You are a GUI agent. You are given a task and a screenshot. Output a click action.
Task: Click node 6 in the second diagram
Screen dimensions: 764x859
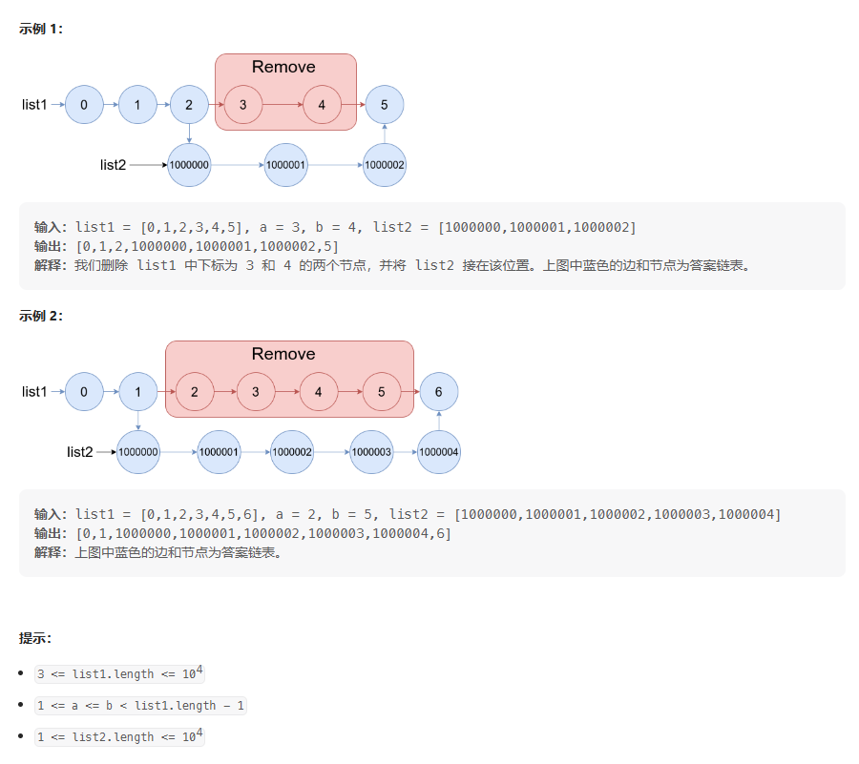(x=439, y=392)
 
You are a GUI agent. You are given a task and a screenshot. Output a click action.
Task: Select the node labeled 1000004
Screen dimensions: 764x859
(x=439, y=452)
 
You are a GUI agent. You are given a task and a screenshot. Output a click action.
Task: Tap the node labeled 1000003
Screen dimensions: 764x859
(x=371, y=452)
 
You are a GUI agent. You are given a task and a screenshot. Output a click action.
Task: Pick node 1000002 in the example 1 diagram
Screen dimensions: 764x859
(x=385, y=165)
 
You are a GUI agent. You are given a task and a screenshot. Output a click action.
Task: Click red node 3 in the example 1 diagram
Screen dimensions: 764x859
(x=243, y=105)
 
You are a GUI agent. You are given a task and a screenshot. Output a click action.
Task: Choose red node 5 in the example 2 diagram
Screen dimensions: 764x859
(x=382, y=392)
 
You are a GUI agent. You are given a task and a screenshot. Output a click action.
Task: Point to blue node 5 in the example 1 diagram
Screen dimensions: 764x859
(x=384, y=105)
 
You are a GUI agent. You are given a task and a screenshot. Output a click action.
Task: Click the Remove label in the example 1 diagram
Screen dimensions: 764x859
(x=283, y=67)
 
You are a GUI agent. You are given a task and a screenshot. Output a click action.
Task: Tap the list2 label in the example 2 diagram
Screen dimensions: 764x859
(x=80, y=451)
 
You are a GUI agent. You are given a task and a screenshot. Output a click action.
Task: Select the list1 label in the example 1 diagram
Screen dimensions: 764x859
(x=34, y=105)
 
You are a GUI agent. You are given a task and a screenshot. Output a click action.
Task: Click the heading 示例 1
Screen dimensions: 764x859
(x=41, y=29)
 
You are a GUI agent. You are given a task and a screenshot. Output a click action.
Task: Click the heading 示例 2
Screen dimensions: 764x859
(x=41, y=317)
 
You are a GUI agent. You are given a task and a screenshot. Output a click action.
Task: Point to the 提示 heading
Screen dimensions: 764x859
(x=35, y=638)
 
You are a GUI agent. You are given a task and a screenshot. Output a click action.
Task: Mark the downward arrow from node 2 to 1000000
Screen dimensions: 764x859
(x=190, y=134)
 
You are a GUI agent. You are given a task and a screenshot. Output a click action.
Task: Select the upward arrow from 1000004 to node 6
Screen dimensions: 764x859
(x=439, y=421)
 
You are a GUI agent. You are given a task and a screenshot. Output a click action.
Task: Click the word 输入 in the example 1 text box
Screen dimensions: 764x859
(x=50, y=227)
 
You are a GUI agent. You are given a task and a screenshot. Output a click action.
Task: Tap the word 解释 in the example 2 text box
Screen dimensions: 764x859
(x=50, y=552)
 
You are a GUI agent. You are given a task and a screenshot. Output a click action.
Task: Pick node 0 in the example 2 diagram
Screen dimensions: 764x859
(x=84, y=392)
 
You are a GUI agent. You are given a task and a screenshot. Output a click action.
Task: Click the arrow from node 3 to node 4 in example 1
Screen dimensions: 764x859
(x=283, y=105)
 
